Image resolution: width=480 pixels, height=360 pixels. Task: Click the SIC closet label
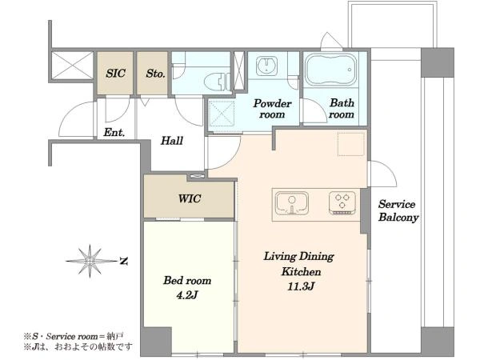coord(116,73)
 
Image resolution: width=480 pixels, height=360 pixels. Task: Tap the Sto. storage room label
coord(155,73)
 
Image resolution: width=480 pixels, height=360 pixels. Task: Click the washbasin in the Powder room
coord(266,66)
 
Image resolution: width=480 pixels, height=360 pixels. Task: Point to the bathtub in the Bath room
coord(331,70)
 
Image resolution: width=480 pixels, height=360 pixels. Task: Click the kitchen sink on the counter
coord(292,202)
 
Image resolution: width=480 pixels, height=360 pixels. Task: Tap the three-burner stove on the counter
coord(342,202)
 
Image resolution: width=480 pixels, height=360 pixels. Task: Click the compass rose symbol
coord(90,261)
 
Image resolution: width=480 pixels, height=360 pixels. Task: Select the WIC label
coord(190,198)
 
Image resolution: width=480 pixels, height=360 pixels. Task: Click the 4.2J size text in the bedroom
coord(187,295)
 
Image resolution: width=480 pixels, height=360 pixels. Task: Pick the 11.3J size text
coord(301,286)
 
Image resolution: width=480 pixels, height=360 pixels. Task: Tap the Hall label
coord(172,141)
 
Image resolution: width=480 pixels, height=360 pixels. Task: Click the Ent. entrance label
coord(114,133)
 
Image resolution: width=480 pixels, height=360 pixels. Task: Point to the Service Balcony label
coord(398,210)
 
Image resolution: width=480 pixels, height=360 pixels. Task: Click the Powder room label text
coord(272,109)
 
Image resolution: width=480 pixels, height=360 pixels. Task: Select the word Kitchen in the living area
coord(302,271)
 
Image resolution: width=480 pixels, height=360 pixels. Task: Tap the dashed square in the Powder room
coord(222,114)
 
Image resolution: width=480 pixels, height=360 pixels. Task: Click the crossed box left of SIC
coord(72,66)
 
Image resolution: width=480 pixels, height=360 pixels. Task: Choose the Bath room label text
coord(342,109)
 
